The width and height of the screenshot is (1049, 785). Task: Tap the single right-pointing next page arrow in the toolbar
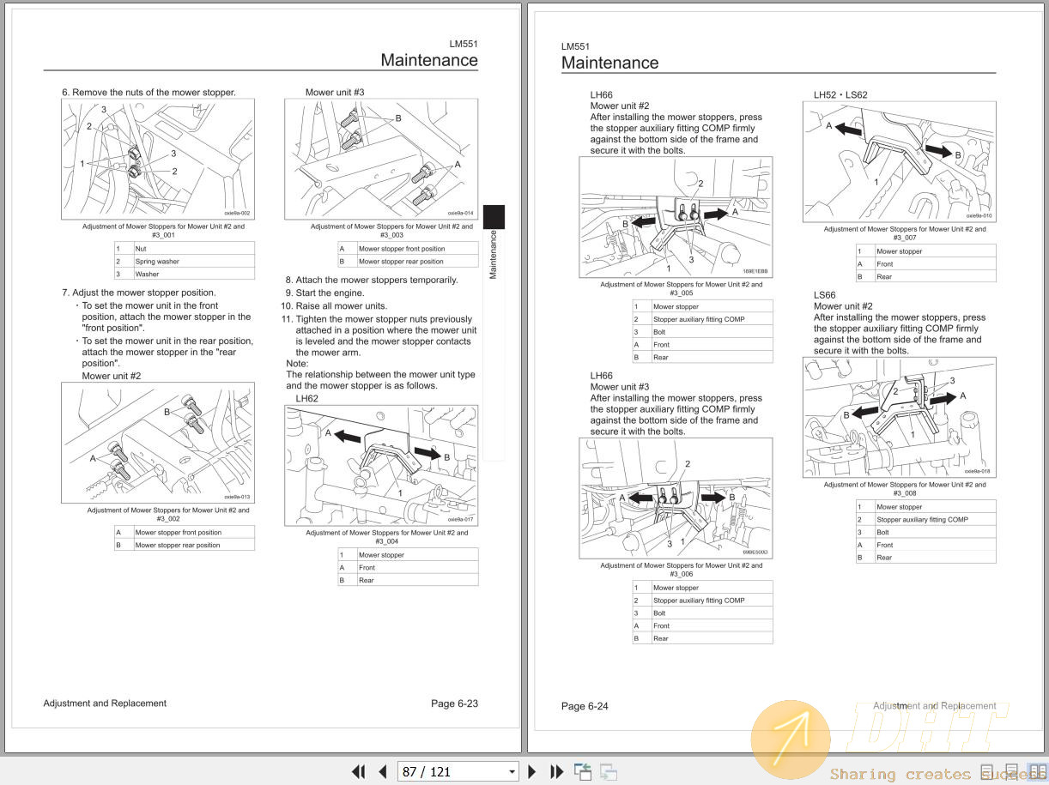[532, 771]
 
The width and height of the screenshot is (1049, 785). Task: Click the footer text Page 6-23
[454, 703]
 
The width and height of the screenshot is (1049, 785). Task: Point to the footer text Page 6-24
[585, 706]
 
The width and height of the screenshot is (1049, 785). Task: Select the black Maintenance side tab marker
[494, 216]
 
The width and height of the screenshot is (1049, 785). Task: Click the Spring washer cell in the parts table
[157, 261]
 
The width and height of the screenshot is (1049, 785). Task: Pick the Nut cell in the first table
[141, 248]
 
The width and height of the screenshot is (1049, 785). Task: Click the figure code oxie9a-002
[237, 213]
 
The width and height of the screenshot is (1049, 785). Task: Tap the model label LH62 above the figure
[306, 398]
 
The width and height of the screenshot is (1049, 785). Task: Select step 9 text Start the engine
[330, 293]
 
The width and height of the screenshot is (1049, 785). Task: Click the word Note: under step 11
[297, 363]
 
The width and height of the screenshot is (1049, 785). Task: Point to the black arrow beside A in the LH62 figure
[347, 437]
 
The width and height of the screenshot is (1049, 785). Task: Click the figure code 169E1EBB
[755, 271]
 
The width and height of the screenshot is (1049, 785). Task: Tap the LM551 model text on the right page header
[575, 46]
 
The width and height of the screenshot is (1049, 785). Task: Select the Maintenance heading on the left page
[429, 60]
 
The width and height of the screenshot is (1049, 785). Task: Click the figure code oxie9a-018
[977, 471]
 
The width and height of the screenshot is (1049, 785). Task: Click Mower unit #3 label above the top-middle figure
[335, 92]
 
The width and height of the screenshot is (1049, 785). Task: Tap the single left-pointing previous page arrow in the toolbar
[383, 771]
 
